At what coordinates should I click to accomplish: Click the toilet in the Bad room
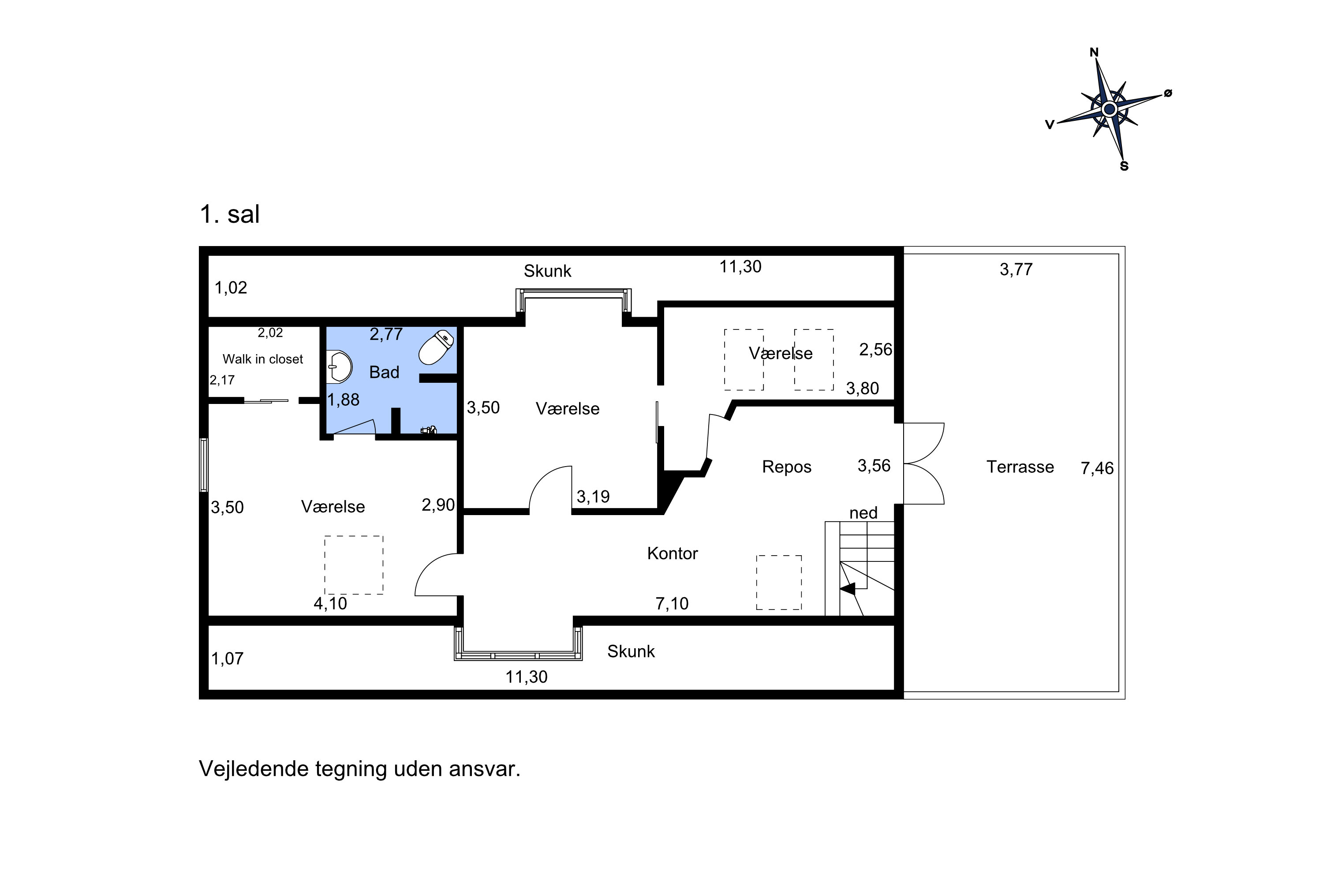coord(436,347)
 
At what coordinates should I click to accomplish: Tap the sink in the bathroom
coord(339,367)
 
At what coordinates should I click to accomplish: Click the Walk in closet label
coord(263,359)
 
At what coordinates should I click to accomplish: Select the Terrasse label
coord(1020,467)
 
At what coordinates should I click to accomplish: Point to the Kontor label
coord(672,553)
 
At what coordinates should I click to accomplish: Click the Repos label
coord(786,467)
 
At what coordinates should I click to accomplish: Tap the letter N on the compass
coord(1094,52)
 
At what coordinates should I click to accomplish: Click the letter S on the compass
coord(1124,166)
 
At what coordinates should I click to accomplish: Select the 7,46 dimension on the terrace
coord(1097,468)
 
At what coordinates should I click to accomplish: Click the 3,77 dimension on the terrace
coord(1016,269)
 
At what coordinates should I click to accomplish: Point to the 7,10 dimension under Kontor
coord(672,604)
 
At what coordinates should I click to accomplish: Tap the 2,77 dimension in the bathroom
coord(386,334)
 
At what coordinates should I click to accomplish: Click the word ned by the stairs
coord(863,513)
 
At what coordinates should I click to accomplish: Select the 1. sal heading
coord(229,214)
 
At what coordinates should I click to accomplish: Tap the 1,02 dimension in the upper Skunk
coord(231,288)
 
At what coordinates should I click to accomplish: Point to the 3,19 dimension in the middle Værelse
coord(593,497)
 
